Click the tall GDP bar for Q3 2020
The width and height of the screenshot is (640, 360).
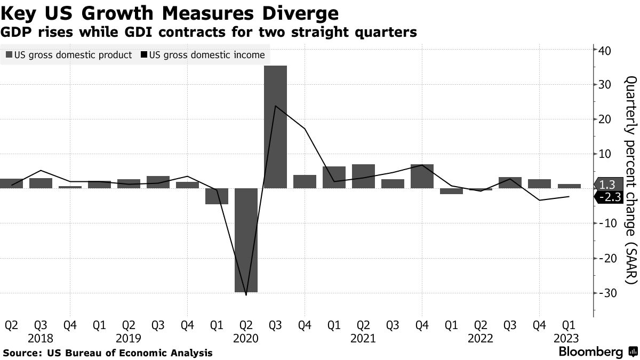pyautogui.click(x=275, y=127)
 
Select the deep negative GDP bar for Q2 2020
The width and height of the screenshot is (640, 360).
pyautogui.click(x=246, y=240)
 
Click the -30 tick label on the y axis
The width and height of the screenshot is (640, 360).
pyautogui.click(x=609, y=293)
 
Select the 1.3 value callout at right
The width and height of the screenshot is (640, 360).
pyautogui.click(x=607, y=185)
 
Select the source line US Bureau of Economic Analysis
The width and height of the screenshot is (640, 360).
pyautogui.click(x=108, y=353)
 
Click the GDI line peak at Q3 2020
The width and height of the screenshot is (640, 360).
pyautogui.click(x=275, y=106)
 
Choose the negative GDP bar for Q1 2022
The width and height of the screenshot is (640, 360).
pyautogui.click(x=451, y=191)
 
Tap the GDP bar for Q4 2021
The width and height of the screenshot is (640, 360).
pyautogui.click(x=422, y=176)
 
